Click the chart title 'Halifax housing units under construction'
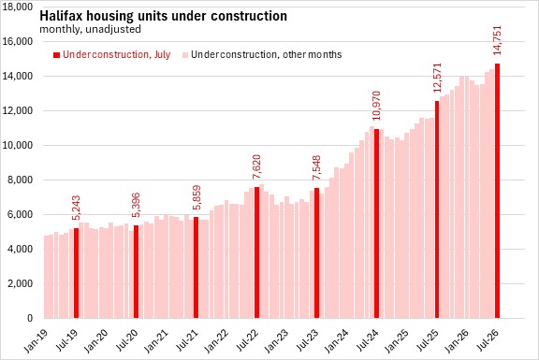(163, 16)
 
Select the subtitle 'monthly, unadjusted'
(90, 29)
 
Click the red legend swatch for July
(56, 55)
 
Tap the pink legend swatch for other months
(185, 55)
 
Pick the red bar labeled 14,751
(498, 191)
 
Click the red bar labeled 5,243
(77, 273)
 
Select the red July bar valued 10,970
(377, 223)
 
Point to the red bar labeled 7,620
(256, 252)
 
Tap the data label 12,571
(437, 78)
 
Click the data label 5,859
(197, 197)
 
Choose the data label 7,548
(316, 167)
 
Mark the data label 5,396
(136, 205)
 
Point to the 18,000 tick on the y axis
(18, 7)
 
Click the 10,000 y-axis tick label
(18, 145)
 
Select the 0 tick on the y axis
(30, 318)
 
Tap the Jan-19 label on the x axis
(36, 340)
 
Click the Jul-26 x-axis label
(488, 340)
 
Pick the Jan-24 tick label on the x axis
(336, 340)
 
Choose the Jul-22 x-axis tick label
(247, 340)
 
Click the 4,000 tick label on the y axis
(20, 249)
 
